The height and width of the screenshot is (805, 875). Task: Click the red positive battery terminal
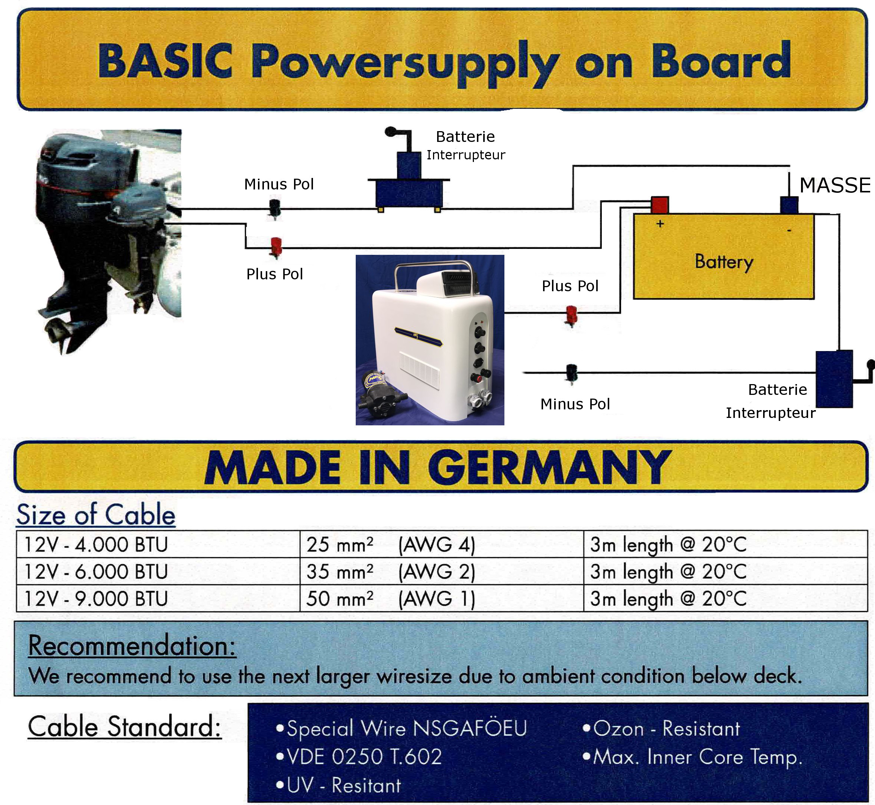click(x=659, y=204)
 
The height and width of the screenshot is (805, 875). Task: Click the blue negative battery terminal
click(x=789, y=205)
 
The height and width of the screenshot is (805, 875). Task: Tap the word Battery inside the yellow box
click(x=723, y=262)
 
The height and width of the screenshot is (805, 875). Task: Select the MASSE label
click(x=834, y=186)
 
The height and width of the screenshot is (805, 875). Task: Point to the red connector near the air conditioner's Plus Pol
click(x=571, y=314)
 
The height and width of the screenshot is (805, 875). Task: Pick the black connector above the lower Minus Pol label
click(x=571, y=373)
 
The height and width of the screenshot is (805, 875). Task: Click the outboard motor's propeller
click(x=59, y=333)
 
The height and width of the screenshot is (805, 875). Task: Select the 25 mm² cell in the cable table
click(x=340, y=545)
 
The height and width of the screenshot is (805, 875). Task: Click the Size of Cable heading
click(x=96, y=515)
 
